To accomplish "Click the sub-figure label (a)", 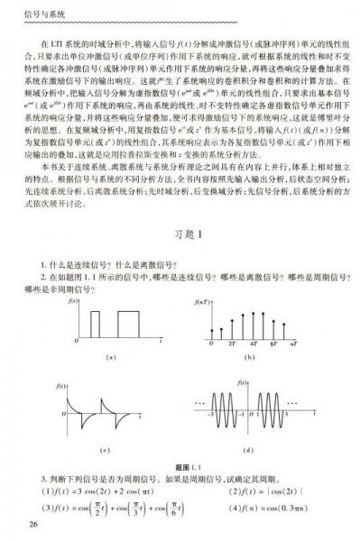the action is click(x=111, y=358).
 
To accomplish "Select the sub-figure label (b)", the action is click(x=249, y=358).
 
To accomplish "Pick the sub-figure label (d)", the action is click(x=248, y=449).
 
